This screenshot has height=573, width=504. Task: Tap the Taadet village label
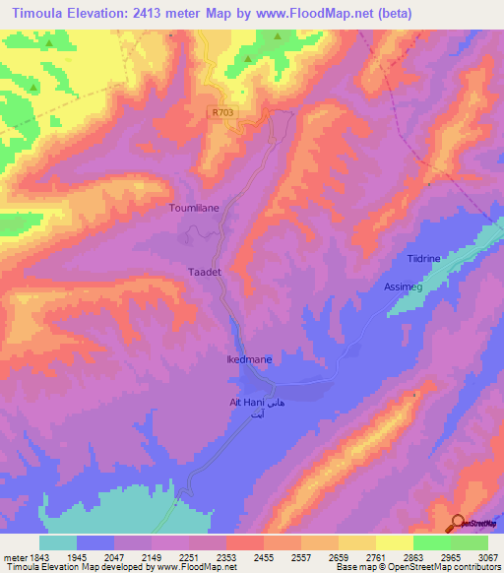[x=193, y=269]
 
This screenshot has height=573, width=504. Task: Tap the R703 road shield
[x=222, y=113]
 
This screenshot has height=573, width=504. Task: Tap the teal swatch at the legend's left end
[x=58, y=542]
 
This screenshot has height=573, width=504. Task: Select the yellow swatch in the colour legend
[x=394, y=542]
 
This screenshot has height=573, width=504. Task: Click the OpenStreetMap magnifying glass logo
[x=457, y=524]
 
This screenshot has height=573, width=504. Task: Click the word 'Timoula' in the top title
[x=41, y=13]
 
